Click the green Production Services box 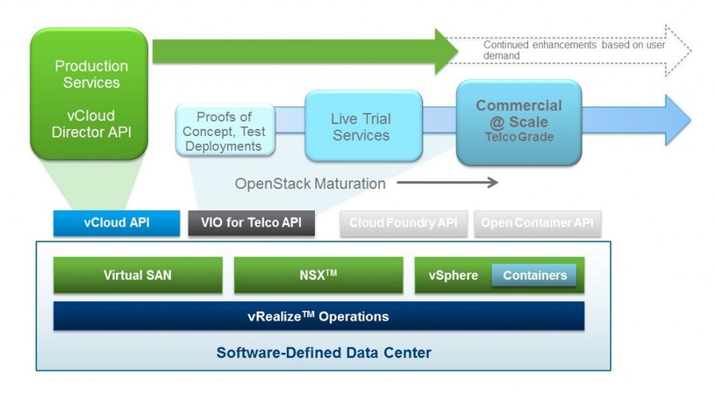91,94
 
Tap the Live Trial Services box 361,128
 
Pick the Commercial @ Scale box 518,122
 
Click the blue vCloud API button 117,224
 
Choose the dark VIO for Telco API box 251,224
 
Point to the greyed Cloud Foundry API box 403,224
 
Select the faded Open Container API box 537,224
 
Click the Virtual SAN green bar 137,275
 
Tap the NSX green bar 318,275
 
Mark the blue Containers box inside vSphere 534,275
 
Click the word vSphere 453,275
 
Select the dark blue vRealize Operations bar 318,316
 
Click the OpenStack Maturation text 310,184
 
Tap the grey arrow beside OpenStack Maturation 447,182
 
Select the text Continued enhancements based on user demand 574,50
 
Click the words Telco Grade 519,137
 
